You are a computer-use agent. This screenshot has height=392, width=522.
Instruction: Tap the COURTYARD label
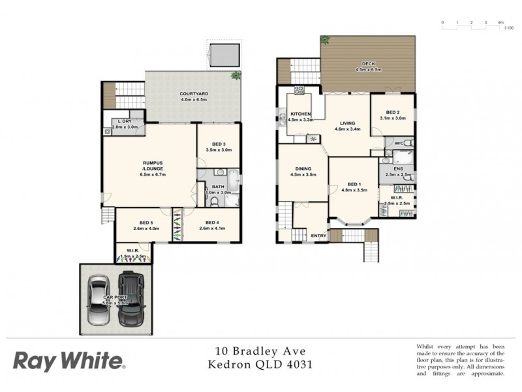(193, 94)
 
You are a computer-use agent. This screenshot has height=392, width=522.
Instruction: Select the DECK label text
(368, 64)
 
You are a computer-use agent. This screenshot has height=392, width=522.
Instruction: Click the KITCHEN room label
(301, 114)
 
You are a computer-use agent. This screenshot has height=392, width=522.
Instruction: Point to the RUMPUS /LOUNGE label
(152, 165)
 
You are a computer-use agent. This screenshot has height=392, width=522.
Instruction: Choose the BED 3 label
(219, 144)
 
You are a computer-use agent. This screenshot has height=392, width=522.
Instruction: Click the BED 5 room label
(146, 222)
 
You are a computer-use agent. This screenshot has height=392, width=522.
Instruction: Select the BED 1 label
(354, 185)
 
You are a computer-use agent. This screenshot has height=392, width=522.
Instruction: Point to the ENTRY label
(318, 236)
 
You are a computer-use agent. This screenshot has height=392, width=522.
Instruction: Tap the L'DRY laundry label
(123, 122)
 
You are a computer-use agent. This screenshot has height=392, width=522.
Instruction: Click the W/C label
(399, 142)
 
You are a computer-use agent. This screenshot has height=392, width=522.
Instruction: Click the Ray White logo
(69, 361)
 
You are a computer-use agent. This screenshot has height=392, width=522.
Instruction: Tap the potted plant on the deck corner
(324, 41)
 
